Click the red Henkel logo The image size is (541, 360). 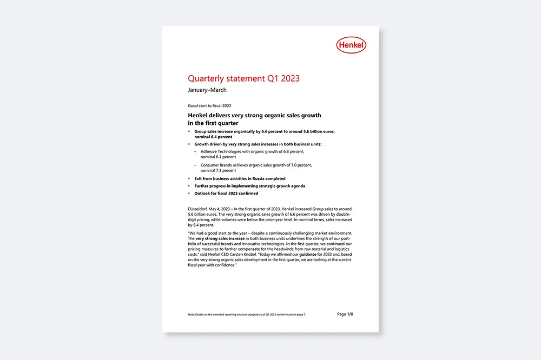coord(351,45)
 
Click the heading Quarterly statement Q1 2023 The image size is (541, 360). coord(243,78)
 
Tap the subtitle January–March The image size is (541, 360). coord(207,90)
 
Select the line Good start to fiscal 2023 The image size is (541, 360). coord(209,105)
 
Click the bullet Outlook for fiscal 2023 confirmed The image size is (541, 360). coord(226,193)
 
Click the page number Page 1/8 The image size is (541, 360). coord(345,314)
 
